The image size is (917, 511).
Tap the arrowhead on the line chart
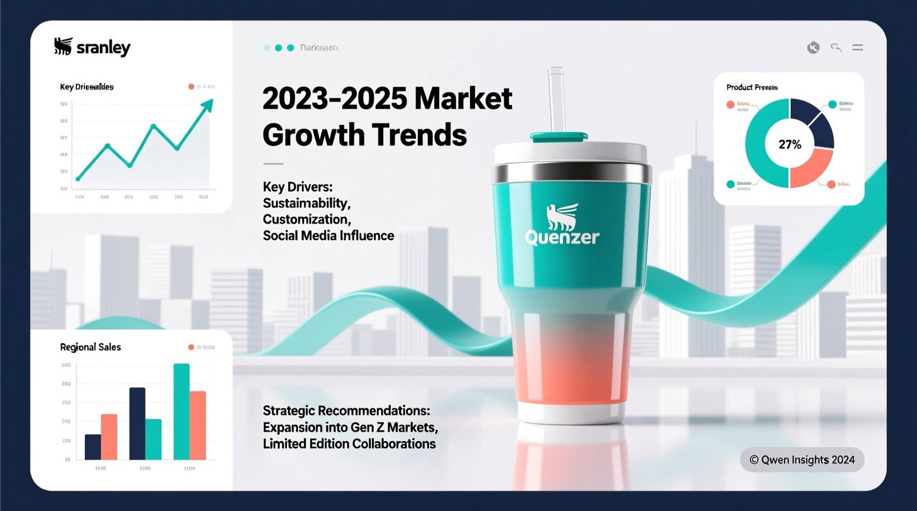[207, 104]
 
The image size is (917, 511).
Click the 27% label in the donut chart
[789, 144]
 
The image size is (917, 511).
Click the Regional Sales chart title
[90, 347]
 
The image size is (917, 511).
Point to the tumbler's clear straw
[555, 100]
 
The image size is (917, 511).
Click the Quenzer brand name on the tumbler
[562, 237]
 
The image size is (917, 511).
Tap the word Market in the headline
[463, 99]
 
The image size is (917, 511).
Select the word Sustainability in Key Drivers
[306, 203]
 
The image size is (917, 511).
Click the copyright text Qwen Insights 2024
[802, 459]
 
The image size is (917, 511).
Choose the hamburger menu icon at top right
[857, 48]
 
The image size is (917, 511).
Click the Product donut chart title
[751, 87]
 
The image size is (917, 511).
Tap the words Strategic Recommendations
[346, 411]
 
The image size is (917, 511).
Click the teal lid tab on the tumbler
[558, 137]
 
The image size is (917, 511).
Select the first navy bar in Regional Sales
[93, 447]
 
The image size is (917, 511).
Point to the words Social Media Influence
[328, 235]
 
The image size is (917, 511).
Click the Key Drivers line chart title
[87, 87]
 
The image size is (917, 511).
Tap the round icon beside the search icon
[813, 48]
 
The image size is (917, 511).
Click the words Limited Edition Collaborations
[349, 444]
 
